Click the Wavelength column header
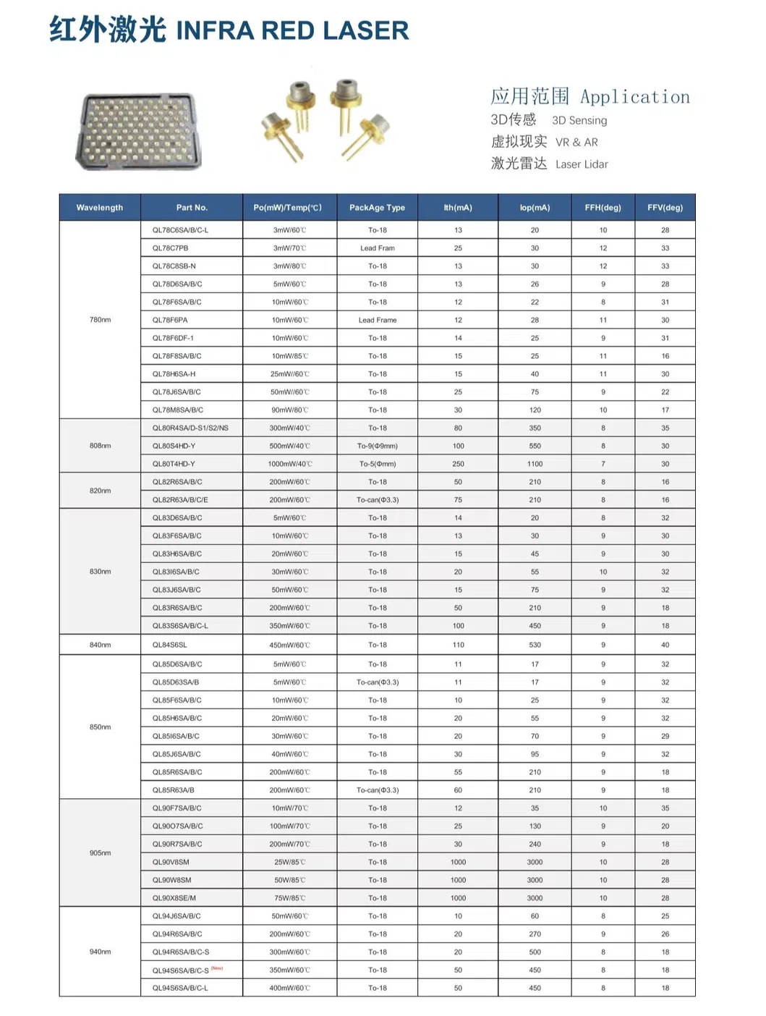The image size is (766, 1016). click(100, 208)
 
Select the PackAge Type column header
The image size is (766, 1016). click(377, 208)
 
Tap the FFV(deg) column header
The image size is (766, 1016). click(665, 208)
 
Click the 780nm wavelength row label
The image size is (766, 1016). click(100, 320)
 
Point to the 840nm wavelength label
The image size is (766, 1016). click(100, 645)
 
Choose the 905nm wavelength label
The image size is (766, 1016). click(100, 853)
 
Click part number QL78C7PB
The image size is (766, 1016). click(170, 248)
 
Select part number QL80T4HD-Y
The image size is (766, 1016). click(174, 464)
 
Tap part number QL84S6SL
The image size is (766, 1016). click(169, 645)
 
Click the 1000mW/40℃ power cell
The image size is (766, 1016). click(290, 464)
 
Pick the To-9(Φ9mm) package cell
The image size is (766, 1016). click(377, 446)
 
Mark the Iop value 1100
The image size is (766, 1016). click(535, 464)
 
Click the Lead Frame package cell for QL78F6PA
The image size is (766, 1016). click(377, 320)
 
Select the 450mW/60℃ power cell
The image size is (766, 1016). click(290, 645)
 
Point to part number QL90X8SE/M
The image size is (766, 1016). click(174, 898)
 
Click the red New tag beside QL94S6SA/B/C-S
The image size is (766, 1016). click(217, 968)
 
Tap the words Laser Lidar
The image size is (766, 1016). click(582, 165)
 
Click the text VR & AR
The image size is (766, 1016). click(576, 143)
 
